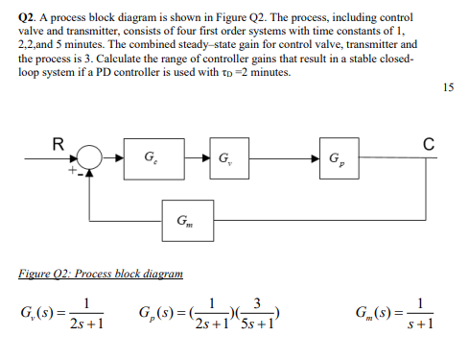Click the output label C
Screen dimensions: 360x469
[x=429, y=145]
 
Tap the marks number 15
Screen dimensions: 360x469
[x=448, y=88]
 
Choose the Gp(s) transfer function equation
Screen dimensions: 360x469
[x=205, y=314]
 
